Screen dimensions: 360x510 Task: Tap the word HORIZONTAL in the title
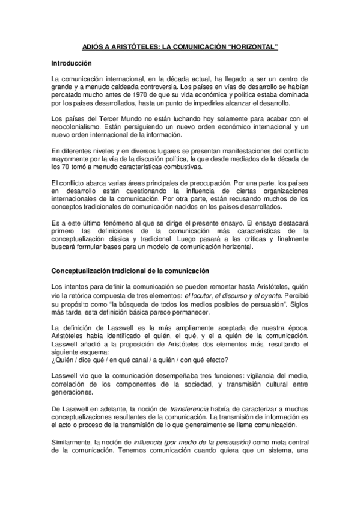point(254,46)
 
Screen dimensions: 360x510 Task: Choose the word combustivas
point(181,166)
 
